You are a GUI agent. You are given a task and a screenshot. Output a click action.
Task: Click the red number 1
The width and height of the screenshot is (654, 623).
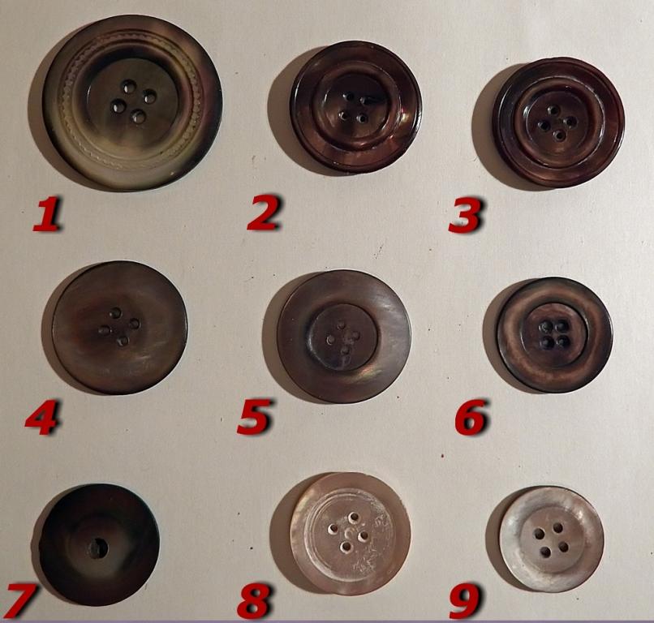coord(47,214)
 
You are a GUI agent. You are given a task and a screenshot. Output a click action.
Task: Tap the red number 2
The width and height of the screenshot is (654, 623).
coord(264,213)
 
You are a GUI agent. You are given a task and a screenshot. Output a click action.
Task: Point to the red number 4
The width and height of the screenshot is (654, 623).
coord(41,418)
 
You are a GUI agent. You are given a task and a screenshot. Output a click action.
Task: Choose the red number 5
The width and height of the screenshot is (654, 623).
coord(255,416)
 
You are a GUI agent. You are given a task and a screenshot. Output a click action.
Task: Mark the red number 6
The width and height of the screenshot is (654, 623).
coord(471,417)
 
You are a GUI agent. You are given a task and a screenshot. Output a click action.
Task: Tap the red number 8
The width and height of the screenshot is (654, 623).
coord(255,601)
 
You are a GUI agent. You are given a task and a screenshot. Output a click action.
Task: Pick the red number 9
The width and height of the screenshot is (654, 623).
coord(465,601)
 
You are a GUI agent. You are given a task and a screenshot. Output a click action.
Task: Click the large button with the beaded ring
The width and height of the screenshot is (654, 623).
coord(132,102)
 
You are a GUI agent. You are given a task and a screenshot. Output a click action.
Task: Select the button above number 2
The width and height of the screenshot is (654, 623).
coord(355,107)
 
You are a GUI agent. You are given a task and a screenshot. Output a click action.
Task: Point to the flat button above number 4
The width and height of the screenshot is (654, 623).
coord(120,328)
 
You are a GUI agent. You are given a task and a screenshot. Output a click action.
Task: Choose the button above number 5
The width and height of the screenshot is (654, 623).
coord(344,337)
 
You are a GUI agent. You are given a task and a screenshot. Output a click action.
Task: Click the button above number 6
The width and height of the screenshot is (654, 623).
coord(554,334)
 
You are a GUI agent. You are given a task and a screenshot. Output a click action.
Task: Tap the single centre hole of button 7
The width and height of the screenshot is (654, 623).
coord(97,548)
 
